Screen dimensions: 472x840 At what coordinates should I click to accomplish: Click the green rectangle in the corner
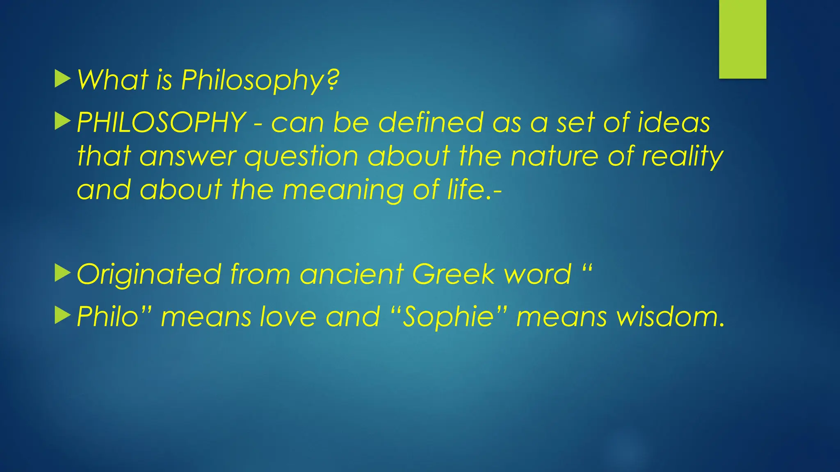[x=742, y=39]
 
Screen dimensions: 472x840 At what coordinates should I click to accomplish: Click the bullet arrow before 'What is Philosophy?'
[x=62, y=79]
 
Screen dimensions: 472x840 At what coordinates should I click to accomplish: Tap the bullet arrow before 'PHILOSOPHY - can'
[x=62, y=122]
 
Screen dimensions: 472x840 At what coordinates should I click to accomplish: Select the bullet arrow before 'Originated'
[x=62, y=273]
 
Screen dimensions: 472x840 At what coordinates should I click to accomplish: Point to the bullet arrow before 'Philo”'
[x=62, y=316]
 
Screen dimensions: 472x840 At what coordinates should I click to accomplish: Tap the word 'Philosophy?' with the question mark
[x=260, y=80]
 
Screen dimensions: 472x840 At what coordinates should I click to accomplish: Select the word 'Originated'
[x=149, y=274]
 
